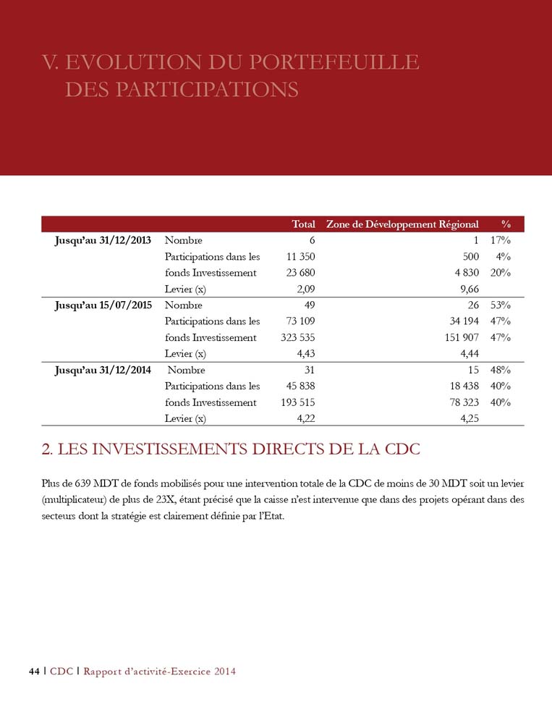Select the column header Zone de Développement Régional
402,224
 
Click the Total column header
303,224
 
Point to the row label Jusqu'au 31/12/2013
103,240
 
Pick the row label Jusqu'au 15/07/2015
103,305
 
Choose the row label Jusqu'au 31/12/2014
103,370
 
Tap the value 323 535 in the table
297,337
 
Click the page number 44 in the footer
33,672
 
